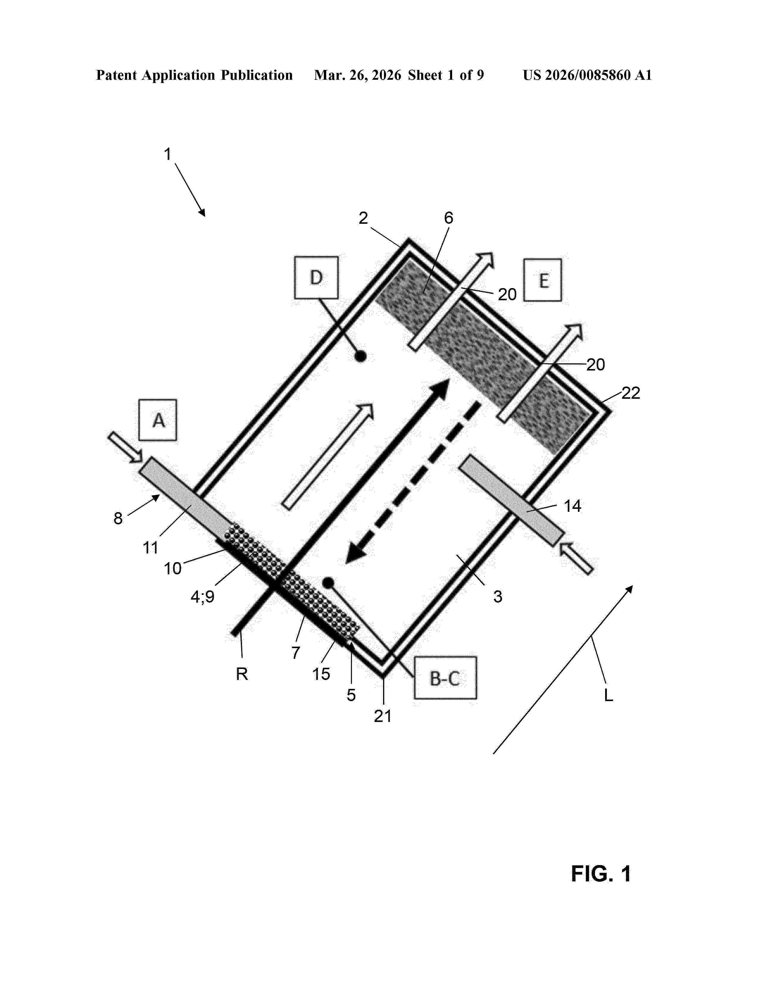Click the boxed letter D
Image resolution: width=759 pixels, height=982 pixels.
point(316,277)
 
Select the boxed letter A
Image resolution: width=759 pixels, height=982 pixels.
point(158,420)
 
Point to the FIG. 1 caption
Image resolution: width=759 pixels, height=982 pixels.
point(601,874)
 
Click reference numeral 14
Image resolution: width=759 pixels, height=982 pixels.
point(572,506)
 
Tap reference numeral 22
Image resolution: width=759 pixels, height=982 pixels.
point(630,393)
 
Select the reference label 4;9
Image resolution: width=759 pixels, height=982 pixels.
point(202,597)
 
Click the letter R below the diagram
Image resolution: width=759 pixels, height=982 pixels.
point(242,673)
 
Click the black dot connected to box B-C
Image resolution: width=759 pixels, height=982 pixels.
point(328,582)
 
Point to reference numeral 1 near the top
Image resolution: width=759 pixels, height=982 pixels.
point(168,154)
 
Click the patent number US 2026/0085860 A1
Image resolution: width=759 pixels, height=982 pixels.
point(587,75)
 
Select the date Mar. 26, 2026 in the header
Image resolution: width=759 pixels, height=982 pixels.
point(357,75)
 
